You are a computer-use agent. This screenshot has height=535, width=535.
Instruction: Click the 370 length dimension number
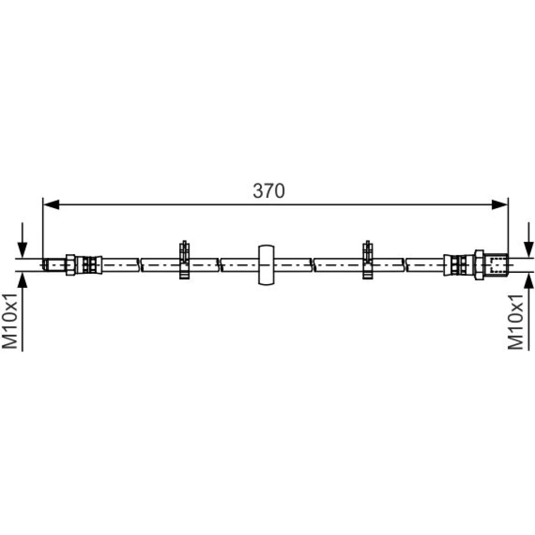click(269, 191)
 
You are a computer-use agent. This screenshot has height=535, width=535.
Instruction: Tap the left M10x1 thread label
click(10, 320)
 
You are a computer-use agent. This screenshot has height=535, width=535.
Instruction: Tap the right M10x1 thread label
click(515, 322)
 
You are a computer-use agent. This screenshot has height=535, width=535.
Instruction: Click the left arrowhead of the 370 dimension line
click(51, 205)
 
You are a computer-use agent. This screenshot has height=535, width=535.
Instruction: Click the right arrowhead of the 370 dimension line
click(500, 205)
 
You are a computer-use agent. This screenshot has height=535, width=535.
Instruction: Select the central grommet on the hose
click(266, 265)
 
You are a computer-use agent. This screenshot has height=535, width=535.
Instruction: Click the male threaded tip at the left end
click(55, 265)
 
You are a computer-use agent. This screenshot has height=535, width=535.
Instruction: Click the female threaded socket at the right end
click(496, 265)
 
